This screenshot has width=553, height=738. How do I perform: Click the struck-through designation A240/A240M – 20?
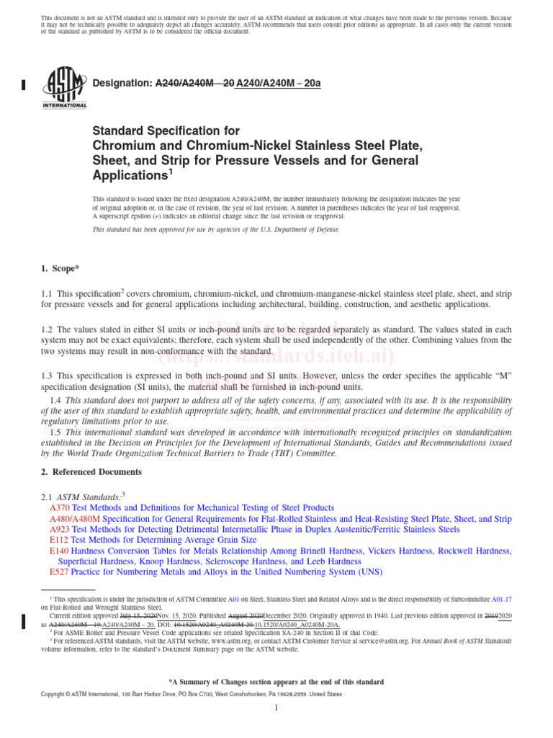194,84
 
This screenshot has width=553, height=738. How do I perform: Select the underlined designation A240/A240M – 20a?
279,84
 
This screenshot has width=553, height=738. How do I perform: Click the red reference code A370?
60,508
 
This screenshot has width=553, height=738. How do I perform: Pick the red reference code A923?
60,529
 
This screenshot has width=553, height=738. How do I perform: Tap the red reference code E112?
59,540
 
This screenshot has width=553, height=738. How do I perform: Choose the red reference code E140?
59,551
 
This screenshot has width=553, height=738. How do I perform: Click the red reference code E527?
59,572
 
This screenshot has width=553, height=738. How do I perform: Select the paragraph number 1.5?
55,432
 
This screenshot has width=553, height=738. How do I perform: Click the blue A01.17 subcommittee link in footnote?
502,599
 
